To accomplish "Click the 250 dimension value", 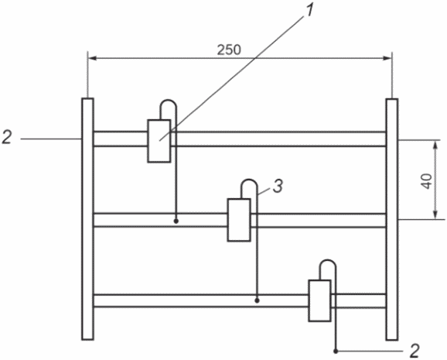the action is pyautogui.click(x=229, y=50).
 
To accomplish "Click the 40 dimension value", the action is pyautogui.click(x=427, y=181).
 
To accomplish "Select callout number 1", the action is pyautogui.click(x=309, y=12).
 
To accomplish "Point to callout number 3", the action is pyautogui.click(x=278, y=186).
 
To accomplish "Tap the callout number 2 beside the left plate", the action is pyautogui.click(x=7, y=137).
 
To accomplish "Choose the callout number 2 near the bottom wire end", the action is pyautogui.click(x=415, y=351).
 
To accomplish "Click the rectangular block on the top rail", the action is pyautogui.click(x=159, y=141).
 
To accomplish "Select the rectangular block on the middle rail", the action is pyautogui.click(x=239, y=220).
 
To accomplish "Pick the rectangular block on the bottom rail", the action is pyautogui.click(x=319, y=300).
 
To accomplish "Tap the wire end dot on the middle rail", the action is pyautogui.click(x=176, y=221).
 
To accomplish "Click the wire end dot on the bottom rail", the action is pyautogui.click(x=257, y=300).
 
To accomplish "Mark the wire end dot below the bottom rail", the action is pyautogui.click(x=336, y=351).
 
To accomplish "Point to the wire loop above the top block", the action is pyautogui.click(x=169, y=100).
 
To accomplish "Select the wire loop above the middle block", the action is pyautogui.click(x=250, y=180).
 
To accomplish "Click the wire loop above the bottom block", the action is pyautogui.click(x=328, y=260).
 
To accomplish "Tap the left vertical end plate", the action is pyautogui.click(x=87, y=219).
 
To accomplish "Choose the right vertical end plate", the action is pyautogui.click(x=392, y=219).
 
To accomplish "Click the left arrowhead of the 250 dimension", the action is pyautogui.click(x=92, y=58).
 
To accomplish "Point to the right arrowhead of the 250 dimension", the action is pyautogui.click(x=387, y=58).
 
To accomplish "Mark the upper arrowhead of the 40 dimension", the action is pyautogui.click(x=435, y=145).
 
